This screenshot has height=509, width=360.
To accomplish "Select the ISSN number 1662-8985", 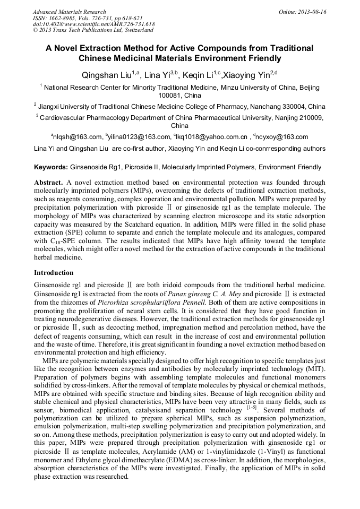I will pyautogui.click(x=65, y=18).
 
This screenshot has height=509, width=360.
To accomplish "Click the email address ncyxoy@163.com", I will pyautogui.click(x=282, y=137).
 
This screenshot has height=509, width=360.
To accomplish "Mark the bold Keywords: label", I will pyautogui.click(x=51, y=167).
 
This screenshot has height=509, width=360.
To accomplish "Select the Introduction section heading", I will pyautogui.click(x=54, y=273).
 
